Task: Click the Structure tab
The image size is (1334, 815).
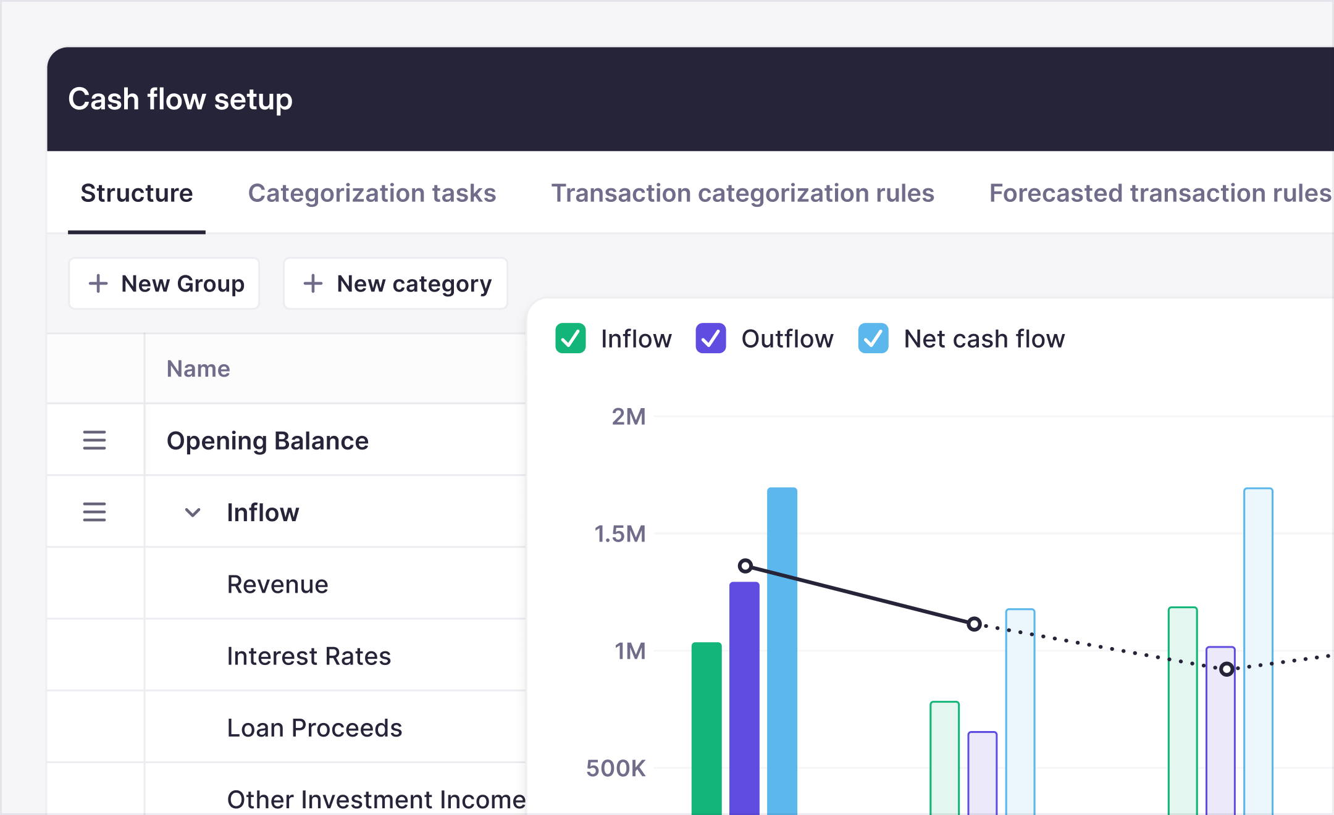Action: pos(136,193)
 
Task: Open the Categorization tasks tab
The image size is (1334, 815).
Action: pos(372,193)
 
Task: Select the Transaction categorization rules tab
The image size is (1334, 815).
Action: pos(742,193)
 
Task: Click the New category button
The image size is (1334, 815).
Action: pos(396,284)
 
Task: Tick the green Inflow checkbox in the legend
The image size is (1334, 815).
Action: pos(570,338)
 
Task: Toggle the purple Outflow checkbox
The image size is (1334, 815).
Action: pos(710,338)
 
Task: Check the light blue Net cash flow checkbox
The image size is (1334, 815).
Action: pos(873,338)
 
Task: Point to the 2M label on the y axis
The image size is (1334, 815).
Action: pos(629,417)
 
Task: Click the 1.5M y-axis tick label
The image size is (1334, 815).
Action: pos(620,534)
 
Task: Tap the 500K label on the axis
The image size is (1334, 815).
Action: pos(616,769)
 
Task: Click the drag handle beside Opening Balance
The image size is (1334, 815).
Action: pos(94,440)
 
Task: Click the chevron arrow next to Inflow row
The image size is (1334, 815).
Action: pos(193,512)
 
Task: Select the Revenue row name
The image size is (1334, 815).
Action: pos(277,585)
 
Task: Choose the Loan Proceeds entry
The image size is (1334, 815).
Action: pos(314,729)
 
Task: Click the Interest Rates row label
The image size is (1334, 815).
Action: pos(309,656)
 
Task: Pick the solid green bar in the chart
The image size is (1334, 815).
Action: pos(707,729)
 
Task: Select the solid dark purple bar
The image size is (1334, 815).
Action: pos(744,698)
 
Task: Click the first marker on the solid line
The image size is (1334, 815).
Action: pos(745,566)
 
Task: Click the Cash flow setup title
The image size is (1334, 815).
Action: pos(180,99)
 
